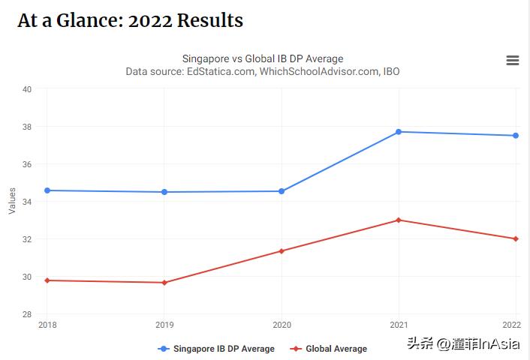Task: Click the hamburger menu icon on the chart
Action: [x=513, y=61]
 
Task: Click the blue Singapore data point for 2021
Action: [x=399, y=132]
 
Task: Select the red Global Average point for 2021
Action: [x=399, y=220]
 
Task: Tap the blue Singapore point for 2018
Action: [x=47, y=190]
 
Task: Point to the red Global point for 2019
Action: [x=164, y=283]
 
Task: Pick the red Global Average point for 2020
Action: [x=282, y=250]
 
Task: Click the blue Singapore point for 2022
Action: [x=516, y=136]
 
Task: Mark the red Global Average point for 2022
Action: [x=516, y=238]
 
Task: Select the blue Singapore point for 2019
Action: [x=164, y=192]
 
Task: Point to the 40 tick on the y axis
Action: [x=27, y=89]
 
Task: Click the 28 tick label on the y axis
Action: [x=27, y=314]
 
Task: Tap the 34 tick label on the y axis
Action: [x=27, y=202]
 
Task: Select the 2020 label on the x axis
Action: [x=282, y=325]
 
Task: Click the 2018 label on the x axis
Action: [x=47, y=325]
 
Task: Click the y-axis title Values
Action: [x=12, y=200]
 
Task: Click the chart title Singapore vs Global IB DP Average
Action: [x=263, y=58]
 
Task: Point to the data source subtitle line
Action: [x=263, y=71]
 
